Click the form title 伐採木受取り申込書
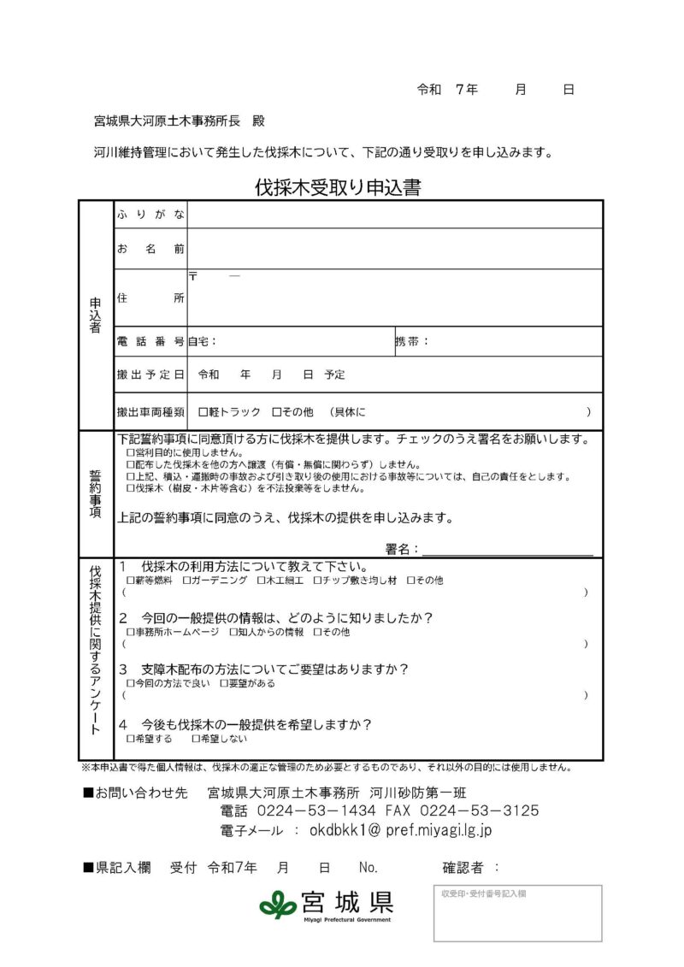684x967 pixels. click(337, 188)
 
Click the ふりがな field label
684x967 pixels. click(150, 215)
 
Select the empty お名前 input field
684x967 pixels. click(394, 249)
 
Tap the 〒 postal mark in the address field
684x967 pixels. click(193, 277)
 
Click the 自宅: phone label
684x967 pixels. click(203, 341)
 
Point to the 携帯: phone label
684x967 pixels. click(411, 341)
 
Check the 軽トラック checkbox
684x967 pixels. click(203, 412)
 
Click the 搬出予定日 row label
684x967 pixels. click(150, 374)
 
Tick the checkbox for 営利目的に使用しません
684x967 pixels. click(130, 452)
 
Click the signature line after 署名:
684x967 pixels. click(507, 549)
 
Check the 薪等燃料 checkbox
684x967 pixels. click(130, 581)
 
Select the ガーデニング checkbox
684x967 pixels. click(186, 581)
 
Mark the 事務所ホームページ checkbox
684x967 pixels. click(130, 633)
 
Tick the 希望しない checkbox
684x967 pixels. click(196, 738)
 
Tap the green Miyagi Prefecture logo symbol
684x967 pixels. click(278, 904)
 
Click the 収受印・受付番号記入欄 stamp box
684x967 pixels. click(517, 913)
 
